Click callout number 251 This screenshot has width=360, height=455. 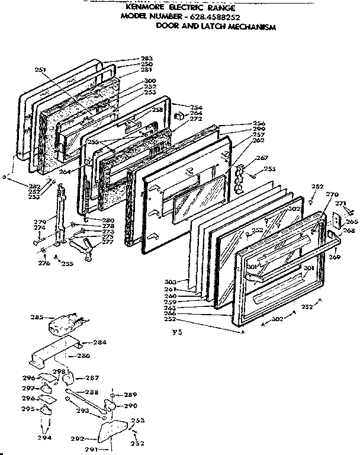click(41, 69)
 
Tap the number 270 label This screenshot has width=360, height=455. click(332, 194)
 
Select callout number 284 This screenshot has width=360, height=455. click(101, 342)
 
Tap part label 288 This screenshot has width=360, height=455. click(92, 392)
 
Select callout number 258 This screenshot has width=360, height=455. click(157, 110)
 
